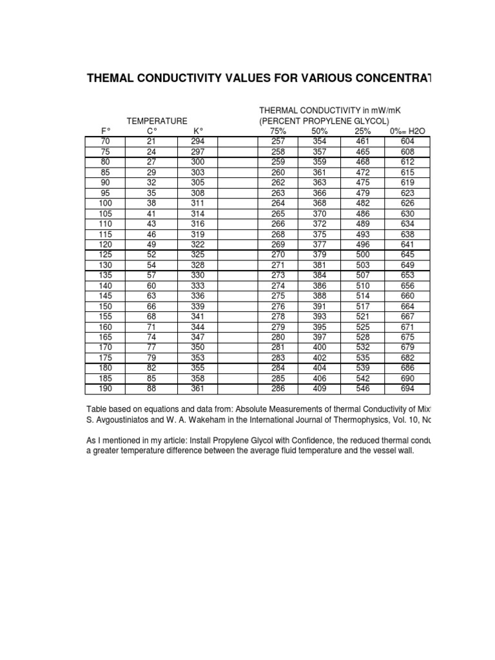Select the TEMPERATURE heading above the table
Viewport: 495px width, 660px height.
pyautogui.click(x=157, y=121)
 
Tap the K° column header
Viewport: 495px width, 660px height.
pyautogui.click(x=198, y=131)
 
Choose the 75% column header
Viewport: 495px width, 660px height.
pyautogui.click(x=278, y=131)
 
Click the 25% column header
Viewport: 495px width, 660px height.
pyautogui.click(x=363, y=131)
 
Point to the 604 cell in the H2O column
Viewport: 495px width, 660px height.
pyautogui.click(x=407, y=141)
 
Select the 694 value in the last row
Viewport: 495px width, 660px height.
pyautogui.click(x=407, y=389)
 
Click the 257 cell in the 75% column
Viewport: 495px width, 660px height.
pyautogui.click(x=278, y=141)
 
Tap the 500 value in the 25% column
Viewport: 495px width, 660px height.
pyautogui.click(x=363, y=255)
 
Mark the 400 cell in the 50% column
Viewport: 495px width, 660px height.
pyautogui.click(x=320, y=347)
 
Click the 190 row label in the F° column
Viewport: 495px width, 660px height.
pyautogui.click(x=105, y=389)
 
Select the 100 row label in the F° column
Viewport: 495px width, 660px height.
pyautogui.click(x=105, y=203)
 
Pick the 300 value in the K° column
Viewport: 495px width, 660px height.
pyautogui.click(x=198, y=162)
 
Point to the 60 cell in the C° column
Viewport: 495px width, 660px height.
pyautogui.click(x=152, y=286)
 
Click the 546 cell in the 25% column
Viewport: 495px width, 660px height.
pyautogui.click(x=363, y=389)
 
